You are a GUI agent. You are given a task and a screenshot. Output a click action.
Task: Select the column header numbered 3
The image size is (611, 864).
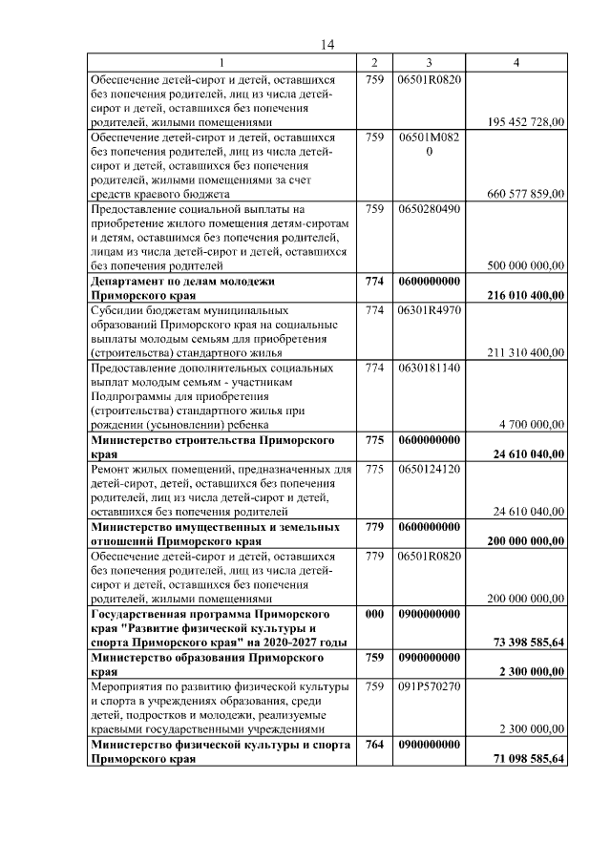tap(429, 63)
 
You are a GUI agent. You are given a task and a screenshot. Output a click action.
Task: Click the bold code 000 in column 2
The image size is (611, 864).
tap(374, 614)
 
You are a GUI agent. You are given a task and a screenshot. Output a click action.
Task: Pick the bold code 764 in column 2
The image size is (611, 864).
tap(374, 744)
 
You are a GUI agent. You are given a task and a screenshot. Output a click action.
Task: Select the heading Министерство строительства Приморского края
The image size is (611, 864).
tap(211, 447)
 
